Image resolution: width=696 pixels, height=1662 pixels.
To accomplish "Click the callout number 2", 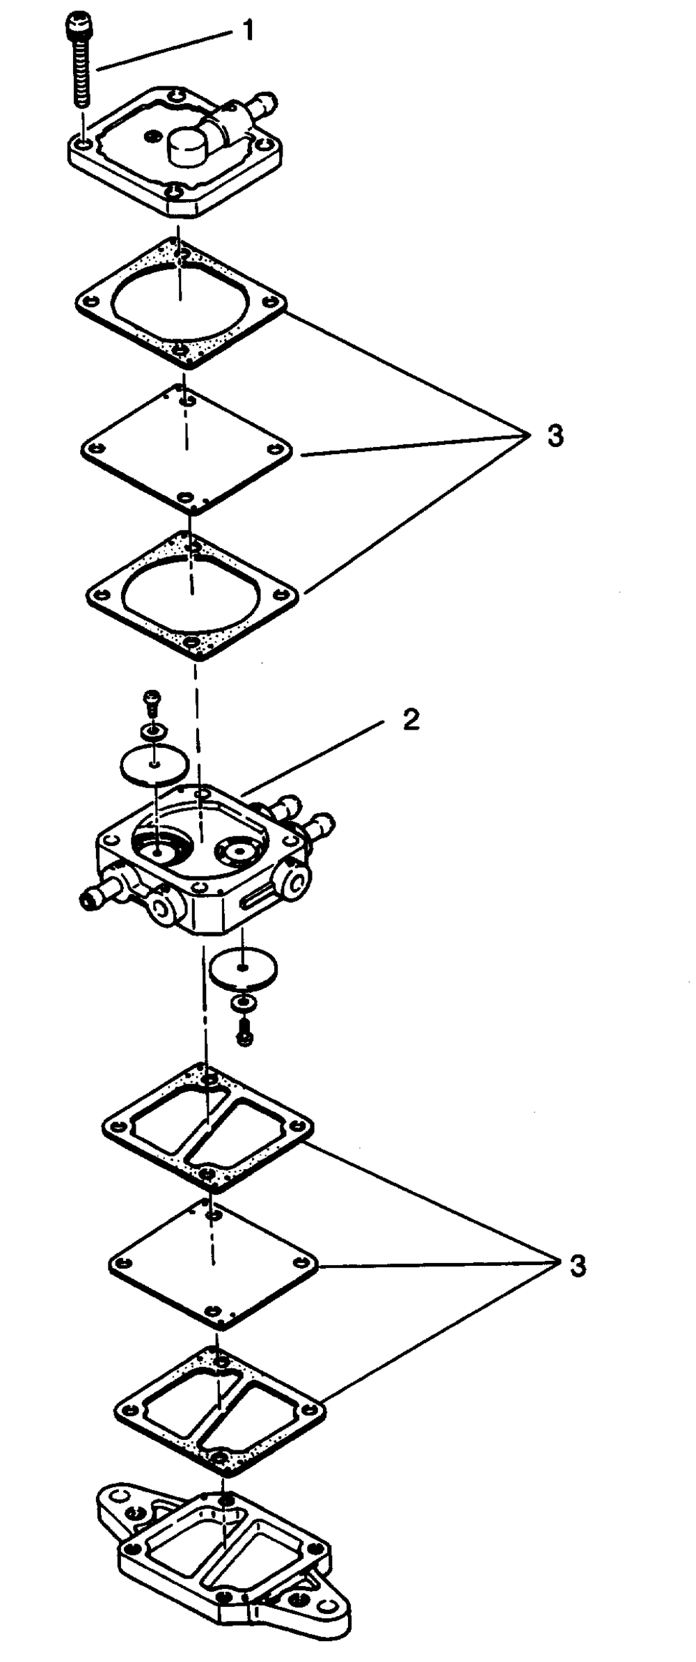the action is (x=411, y=720).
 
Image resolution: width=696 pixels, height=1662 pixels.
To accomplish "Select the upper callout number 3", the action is (x=555, y=436).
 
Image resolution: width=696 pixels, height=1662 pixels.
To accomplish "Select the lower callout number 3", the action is (x=577, y=1265).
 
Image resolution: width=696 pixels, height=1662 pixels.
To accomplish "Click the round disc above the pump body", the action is (x=155, y=765).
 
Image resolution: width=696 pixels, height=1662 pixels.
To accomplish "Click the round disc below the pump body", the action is (x=243, y=969).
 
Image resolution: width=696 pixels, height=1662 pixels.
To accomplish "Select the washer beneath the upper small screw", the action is (x=151, y=730).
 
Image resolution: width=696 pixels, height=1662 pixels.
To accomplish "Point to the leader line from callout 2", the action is (x=313, y=759).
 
